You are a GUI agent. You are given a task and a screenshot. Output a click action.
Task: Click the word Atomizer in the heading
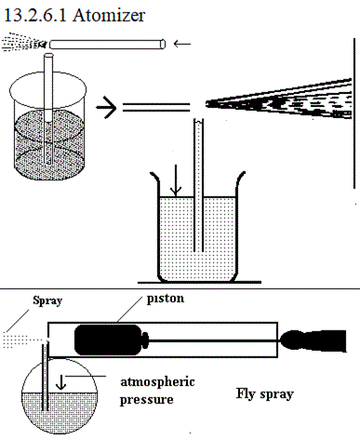[109, 16]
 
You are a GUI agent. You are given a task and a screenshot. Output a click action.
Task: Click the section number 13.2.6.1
[35, 16]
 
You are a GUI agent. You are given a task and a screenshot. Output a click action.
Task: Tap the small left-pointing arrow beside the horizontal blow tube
[182, 44]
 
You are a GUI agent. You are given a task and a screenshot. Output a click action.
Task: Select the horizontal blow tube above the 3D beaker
[107, 44]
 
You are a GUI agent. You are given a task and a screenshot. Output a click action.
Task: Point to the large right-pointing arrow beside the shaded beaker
[106, 108]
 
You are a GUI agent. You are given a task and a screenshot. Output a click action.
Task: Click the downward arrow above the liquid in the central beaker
[176, 180]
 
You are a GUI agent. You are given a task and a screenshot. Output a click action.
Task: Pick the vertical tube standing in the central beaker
[198, 185]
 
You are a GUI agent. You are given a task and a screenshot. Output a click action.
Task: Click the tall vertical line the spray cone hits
[354, 113]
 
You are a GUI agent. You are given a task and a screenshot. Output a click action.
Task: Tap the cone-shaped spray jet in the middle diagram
[279, 100]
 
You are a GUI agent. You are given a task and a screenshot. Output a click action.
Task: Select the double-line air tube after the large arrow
[156, 107]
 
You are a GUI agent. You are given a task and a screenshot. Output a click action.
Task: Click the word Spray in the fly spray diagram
[47, 300]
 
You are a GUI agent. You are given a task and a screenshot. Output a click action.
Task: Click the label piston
[166, 299]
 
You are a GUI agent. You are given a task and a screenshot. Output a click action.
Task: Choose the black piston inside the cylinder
[111, 340]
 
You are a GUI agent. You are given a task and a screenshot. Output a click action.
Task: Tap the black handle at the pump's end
[313, 340]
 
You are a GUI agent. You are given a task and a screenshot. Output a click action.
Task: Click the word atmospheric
[157, 382]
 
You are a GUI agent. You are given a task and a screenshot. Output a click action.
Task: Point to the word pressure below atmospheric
[146, 399]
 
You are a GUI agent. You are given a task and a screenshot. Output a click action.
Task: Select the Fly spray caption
[264, 394]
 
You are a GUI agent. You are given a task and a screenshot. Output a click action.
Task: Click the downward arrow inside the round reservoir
[60, 382]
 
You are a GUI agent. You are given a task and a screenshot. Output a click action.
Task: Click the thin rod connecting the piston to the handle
[214, 340]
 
